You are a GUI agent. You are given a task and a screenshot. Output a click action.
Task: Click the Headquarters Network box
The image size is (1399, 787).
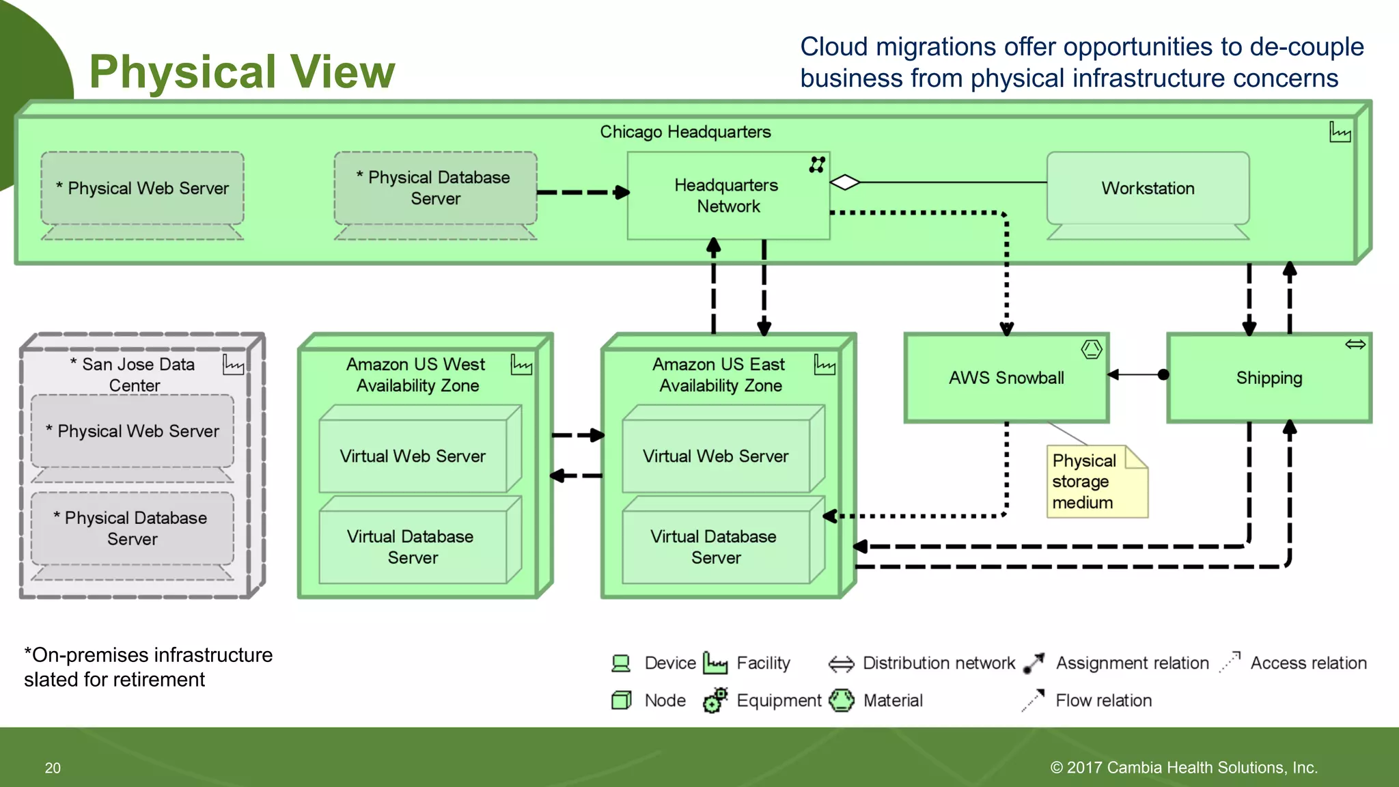tap(728, 195)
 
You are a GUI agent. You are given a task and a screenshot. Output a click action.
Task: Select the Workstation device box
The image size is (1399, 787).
tap(1148, 189)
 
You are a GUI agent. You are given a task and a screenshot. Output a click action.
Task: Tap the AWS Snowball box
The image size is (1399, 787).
tap(1006, 378)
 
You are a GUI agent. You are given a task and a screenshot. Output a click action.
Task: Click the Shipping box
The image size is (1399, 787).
tap(1269, 378)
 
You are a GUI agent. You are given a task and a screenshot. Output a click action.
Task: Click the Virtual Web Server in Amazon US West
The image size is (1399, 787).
tap(413, 456)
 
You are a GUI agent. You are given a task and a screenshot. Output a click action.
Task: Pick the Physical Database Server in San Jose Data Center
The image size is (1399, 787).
tap(132, 529)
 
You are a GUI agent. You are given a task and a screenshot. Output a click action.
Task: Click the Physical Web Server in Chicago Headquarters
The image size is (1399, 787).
tap(142, 189)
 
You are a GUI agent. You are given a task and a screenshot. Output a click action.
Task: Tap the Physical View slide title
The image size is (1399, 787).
tap(242, 72)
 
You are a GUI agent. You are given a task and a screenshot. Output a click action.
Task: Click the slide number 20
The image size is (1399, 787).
tap(53, 768)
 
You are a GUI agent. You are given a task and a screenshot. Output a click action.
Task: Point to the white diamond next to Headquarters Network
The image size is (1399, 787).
tap(845, 182)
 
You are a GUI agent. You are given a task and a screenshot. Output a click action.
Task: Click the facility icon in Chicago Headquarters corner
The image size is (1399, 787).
tap(1340, 132)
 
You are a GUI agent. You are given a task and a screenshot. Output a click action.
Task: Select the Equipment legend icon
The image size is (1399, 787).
tap(715, 700)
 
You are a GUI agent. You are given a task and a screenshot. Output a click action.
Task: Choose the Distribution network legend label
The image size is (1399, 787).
tap(939, 663)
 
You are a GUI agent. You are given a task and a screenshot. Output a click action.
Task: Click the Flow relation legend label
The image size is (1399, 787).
tap(1103, 700)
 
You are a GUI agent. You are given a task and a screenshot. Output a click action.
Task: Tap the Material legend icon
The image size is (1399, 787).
tap(842, 700)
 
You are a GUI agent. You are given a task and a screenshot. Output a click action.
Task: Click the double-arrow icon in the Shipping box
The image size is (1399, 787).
tap(1355, 344)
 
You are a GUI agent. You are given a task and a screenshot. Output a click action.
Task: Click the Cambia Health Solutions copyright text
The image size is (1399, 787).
tap(1183, 768)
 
